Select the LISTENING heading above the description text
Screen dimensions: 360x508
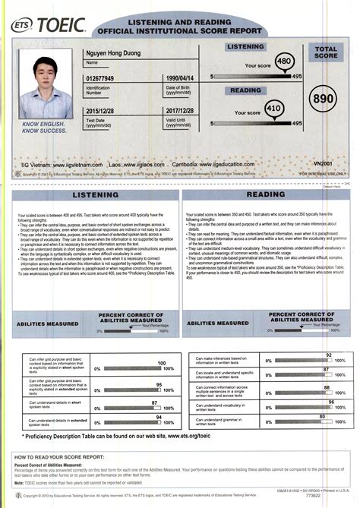(x=90, y=197)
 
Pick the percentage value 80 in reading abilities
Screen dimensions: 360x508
(x=323, y=417)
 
